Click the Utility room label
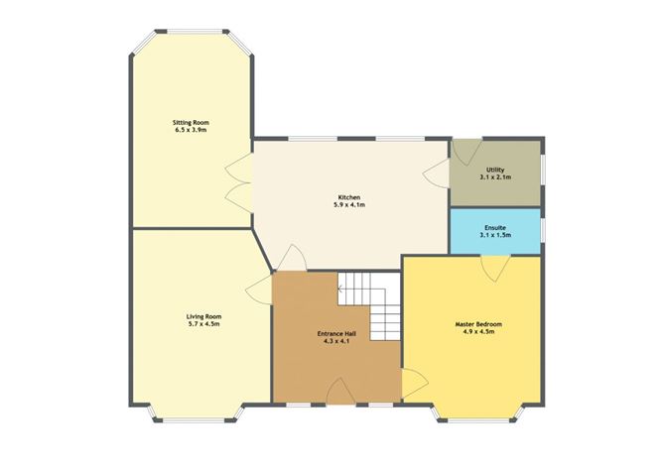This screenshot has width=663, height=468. coord(494,170)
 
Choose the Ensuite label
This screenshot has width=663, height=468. coord(494,226)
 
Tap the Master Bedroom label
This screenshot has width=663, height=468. coord(479,324)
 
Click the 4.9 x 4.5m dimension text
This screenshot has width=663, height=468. coord(479,332)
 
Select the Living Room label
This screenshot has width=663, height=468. coord(201,316)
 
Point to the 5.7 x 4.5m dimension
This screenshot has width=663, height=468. coord(201,324)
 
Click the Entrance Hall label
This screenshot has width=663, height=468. coord(335,334)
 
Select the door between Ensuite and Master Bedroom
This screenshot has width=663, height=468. coord(494,264)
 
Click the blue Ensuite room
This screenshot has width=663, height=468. coord(494,232)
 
